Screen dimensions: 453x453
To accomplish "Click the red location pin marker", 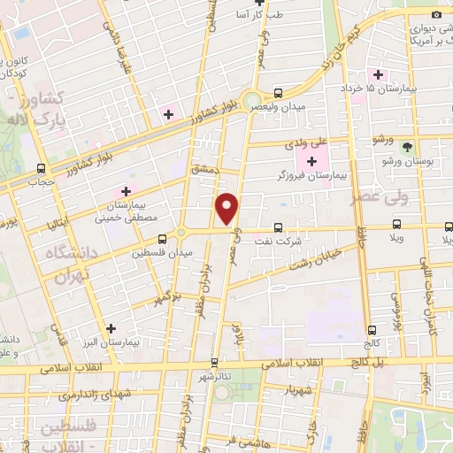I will [227, 208].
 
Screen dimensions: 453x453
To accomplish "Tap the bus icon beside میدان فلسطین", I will [162, 239].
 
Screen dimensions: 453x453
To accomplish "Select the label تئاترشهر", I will [213, 376].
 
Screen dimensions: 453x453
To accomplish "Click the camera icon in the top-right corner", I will [435, 14].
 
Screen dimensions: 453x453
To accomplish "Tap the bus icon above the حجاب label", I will [42, 168].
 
